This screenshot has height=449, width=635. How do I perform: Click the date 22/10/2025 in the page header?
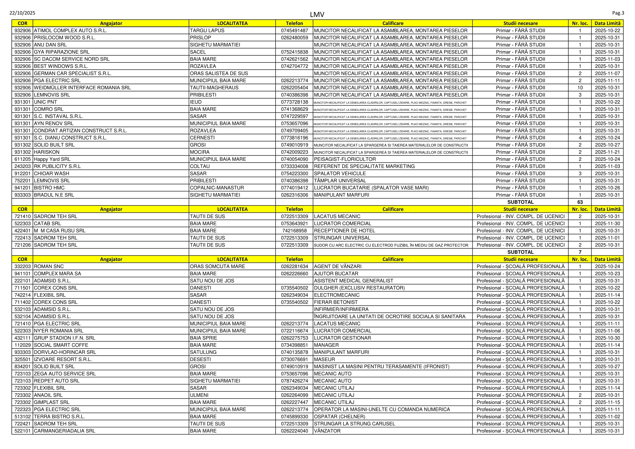[x=23, y=13]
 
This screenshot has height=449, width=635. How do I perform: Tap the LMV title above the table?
[x=317, y=14]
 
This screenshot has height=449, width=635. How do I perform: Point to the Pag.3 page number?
[x=618, y=13]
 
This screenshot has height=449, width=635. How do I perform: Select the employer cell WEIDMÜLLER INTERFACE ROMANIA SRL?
[x=82, y=88]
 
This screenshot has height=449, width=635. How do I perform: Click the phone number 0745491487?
[x=294, y=30]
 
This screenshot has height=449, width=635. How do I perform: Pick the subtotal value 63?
[x=580, y=202]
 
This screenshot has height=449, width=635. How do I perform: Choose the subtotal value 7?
[x=580, y=252]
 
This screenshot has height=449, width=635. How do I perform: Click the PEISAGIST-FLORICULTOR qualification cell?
[x=345, y=159]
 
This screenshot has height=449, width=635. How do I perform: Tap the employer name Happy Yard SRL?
[x=52, y=159]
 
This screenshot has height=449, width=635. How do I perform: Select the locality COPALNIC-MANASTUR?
[x=217, y=188]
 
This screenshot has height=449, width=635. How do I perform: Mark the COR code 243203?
[x=23, y=166]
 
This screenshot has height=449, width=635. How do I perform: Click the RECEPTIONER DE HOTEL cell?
[x=344, y=230]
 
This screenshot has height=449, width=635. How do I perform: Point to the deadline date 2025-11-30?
[x=607, y=223]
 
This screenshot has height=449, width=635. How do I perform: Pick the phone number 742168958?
[x=294, y=230]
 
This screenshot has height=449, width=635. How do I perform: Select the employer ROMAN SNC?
[x=49, y=267]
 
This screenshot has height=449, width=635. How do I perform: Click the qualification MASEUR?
[x=324, y=359]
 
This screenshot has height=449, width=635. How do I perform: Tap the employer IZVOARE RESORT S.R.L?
[x=63, y=359]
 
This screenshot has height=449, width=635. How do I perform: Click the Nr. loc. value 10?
[x=580, y=88]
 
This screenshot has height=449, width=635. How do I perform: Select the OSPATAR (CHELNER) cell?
[x=339, y=417]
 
